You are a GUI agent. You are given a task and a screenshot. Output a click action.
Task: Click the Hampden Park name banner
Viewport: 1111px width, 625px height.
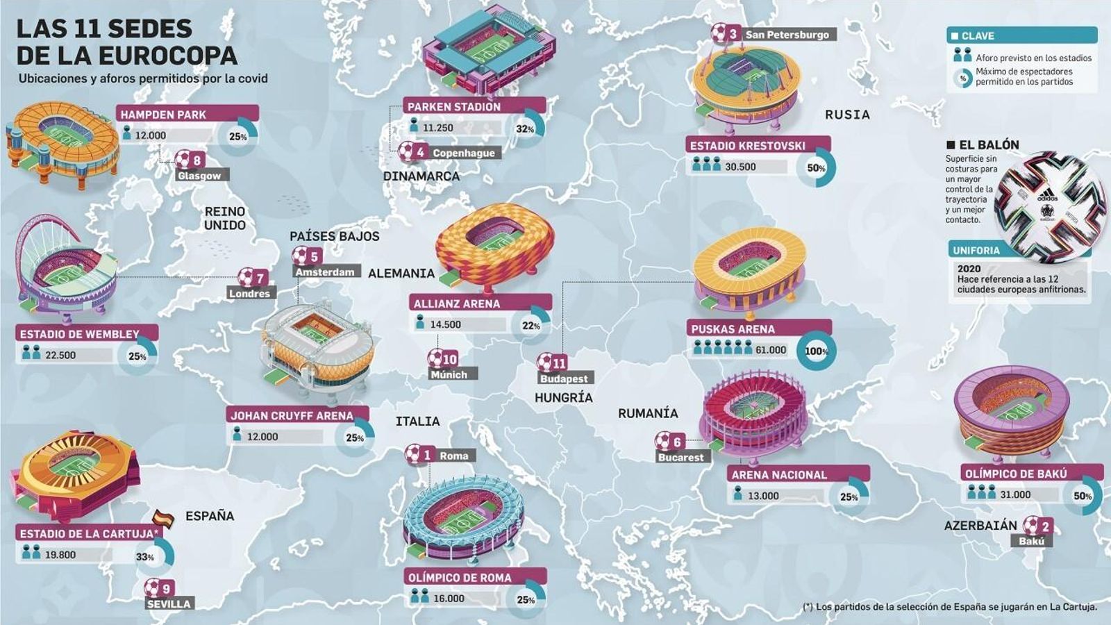point(188,114)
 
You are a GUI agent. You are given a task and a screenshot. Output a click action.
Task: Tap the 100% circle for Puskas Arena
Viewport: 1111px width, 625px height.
point(816,351)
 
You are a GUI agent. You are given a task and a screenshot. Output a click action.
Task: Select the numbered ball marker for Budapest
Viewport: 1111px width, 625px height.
point(553,362)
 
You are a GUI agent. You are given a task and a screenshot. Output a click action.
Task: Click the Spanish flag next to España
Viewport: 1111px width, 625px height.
point(164,518)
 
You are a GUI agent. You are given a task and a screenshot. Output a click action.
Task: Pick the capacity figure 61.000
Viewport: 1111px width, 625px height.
point(771,350)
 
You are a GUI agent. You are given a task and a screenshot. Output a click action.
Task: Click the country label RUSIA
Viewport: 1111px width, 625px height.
point(847,115)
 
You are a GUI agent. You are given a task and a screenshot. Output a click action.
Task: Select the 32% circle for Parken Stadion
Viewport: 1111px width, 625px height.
point(525,128)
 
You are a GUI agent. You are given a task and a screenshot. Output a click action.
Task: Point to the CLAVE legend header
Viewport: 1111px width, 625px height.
point(1021,35)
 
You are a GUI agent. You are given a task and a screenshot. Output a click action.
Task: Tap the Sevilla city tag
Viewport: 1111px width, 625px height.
point(169,604)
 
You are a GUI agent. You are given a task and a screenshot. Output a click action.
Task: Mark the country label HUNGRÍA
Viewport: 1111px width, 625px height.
point(563,398)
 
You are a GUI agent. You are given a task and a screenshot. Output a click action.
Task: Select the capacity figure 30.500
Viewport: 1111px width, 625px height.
point(740,167)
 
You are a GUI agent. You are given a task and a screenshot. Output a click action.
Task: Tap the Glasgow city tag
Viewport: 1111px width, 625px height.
point(199,176)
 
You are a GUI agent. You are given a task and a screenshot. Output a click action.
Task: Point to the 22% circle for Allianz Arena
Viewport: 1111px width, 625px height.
point(531,325)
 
